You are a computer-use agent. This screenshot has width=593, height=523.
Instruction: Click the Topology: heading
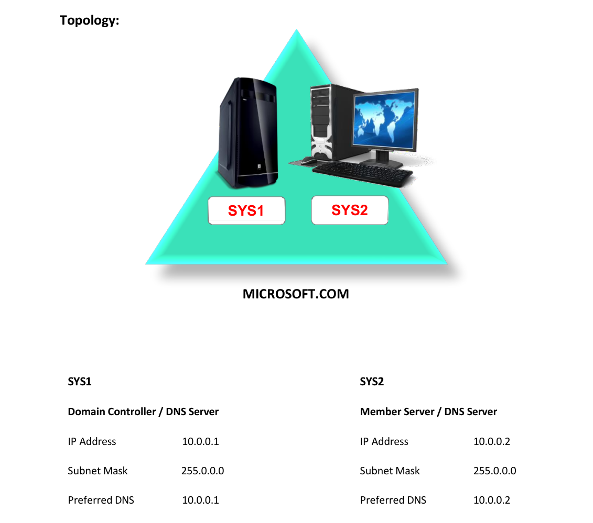(x=89, y=20)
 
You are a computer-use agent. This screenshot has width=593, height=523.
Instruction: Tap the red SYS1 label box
(x=246, y=210)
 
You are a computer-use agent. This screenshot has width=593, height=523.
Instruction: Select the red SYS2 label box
(x=349, y=210)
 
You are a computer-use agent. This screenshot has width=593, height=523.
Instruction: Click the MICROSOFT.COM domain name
(x=296, y=294)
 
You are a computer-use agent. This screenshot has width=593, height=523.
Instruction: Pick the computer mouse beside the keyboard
(x=309, y=161)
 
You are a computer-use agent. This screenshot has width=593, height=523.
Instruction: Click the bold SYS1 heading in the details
(x=79, y=382)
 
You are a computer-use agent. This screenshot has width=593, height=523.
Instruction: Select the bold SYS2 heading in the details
(x=372, y=382)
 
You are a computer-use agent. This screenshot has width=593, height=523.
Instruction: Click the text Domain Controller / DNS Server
(x=143, y=411)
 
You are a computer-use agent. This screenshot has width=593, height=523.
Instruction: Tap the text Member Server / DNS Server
(x=428, y=411)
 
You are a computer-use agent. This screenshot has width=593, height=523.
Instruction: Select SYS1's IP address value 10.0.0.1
(x=200, y=441)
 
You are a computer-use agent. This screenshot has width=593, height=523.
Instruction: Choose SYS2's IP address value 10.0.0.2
(x=492, y=441)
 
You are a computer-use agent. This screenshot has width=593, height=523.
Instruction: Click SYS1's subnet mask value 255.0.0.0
(x=203, y=471)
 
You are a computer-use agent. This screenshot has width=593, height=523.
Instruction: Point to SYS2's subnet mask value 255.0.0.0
(x=494, y=471)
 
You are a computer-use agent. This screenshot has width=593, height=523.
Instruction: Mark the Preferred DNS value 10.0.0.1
(x=200, y=500)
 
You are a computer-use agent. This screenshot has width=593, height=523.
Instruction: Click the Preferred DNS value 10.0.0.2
(x=492, y=500)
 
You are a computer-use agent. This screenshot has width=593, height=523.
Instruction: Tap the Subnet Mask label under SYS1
(x=98, y=471)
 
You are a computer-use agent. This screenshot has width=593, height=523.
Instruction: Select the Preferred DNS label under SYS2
(x=393, y=500)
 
